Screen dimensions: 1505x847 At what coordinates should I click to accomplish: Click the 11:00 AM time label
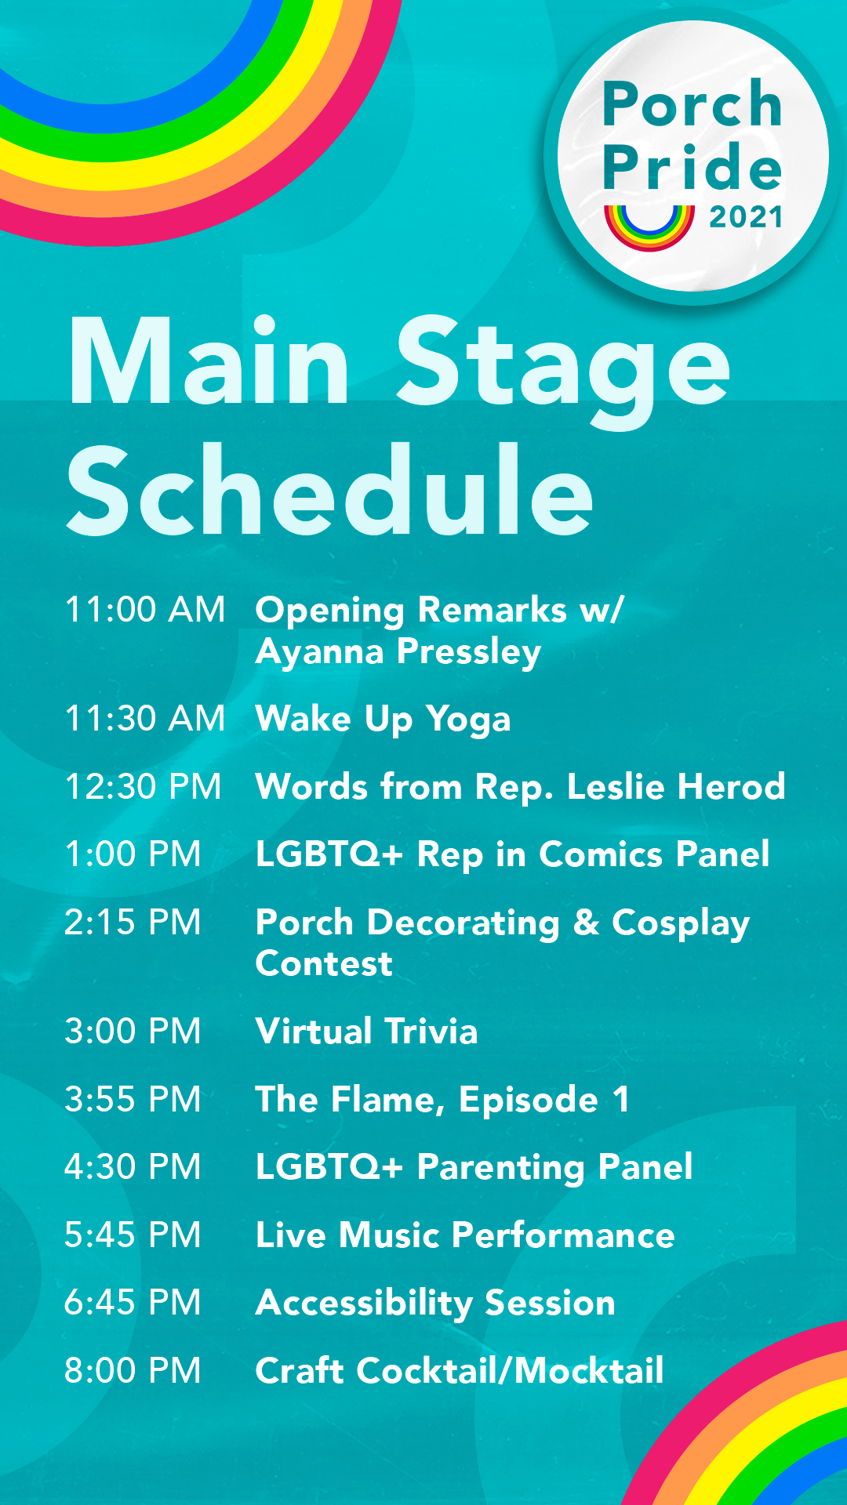[x=145, y=610]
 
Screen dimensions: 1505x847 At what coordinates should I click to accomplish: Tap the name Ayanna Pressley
[x=398, y=652]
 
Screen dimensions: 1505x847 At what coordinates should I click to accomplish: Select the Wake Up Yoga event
[x=383, y=719]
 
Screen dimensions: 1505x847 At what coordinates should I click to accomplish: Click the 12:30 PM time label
[x=144, y=787]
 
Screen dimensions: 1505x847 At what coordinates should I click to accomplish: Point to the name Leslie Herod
[x=675, y=787]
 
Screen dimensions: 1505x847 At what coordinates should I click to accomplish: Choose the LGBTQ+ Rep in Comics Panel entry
[x=512, y=854]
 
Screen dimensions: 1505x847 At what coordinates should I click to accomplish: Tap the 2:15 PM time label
[x=133, y=923]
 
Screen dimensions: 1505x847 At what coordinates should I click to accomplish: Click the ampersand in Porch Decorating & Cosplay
[x=586, y=923]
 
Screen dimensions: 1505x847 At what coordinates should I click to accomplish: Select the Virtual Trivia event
[x=366, y=1032]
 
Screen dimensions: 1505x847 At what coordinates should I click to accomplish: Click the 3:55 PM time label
[x=133, y=1100]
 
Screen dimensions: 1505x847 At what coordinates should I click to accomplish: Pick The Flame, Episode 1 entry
[x=442, y=1100]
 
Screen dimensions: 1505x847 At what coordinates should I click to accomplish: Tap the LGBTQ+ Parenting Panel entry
[x=474, y=1167]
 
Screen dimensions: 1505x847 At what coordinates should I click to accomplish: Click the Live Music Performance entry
[x=465, y=1235]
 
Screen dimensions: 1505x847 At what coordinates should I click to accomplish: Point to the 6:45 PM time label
[x=133, y=1303]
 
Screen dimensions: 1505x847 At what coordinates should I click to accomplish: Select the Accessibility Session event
[x=435, y=1303]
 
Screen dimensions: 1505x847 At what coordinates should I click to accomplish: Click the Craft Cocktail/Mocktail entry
[x=460, y=1371]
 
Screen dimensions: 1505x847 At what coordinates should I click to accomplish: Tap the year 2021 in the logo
[x=746, y=217]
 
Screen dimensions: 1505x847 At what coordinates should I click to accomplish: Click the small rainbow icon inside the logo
[x=649, y=224]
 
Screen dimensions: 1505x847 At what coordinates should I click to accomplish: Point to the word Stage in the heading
[x=563, y=364]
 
